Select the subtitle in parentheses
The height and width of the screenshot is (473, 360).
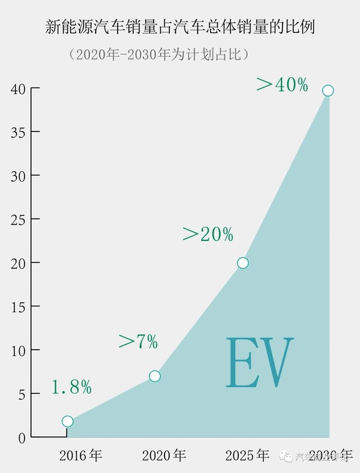tap(160, 55)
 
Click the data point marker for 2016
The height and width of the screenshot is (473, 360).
tap(67, 421)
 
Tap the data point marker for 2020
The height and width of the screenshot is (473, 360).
tap(155, 376)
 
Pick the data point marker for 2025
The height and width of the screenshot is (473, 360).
tap(242, 263)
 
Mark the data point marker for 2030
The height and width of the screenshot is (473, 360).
tap(328, 91)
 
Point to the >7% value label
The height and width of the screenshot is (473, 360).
tap(138, 342)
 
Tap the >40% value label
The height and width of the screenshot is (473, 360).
tap(282, 85)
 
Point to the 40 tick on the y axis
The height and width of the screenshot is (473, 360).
tap(17, 89)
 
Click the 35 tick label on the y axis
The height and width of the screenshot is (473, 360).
tap(17, 132)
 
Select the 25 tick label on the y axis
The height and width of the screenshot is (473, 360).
tap(17, 219)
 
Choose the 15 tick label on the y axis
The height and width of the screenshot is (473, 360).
tap(17, 307)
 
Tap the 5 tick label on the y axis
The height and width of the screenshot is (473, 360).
tap(21, 394)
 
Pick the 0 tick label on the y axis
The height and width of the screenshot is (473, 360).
tap(21, 438)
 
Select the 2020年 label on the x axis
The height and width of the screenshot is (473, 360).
tap(164, 456)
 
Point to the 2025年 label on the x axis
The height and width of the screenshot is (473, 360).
tap(247, 456)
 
